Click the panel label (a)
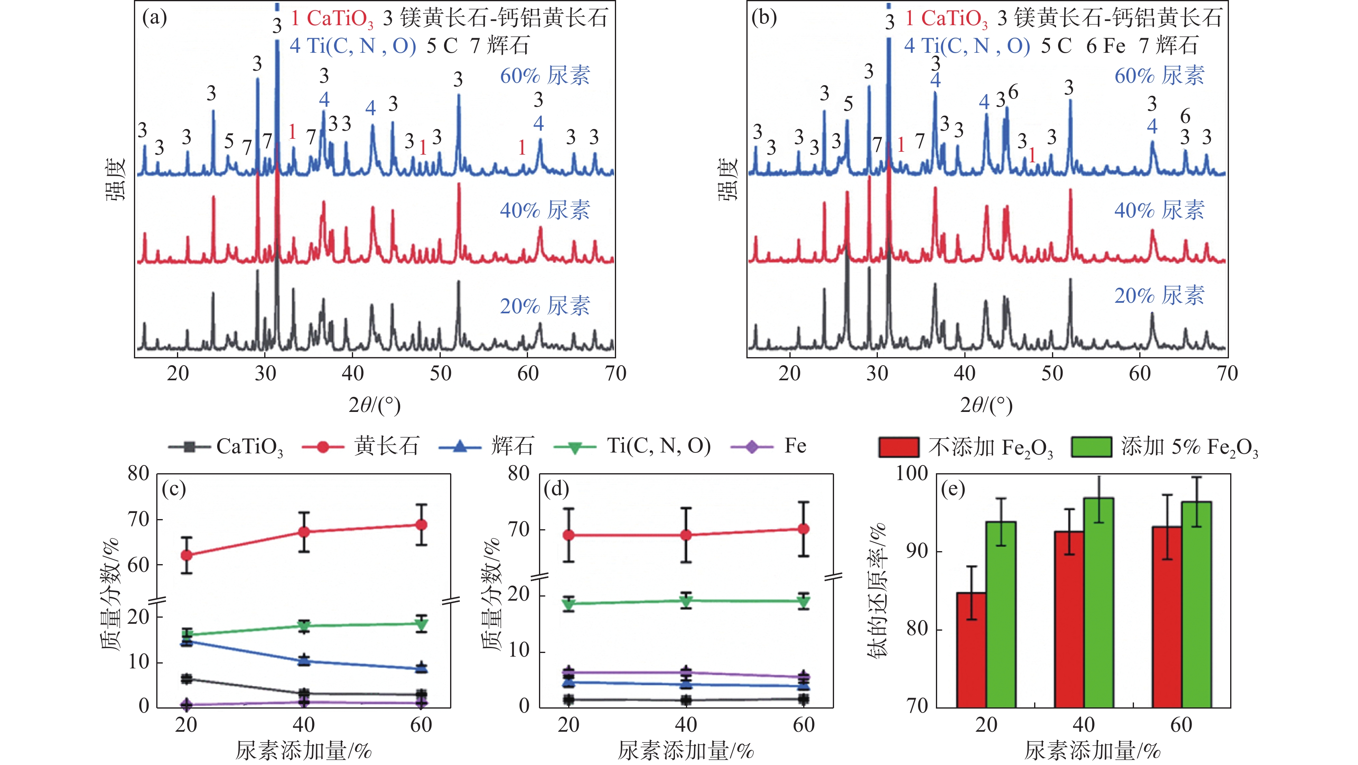155,18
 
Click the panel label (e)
953,489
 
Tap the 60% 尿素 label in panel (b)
1159,76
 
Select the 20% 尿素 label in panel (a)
545,306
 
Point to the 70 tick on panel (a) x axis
615,373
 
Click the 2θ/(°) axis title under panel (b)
986,405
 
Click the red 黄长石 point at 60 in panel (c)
421,525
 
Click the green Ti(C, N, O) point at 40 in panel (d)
686,601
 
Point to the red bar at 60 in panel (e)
1166,616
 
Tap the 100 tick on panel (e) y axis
912,474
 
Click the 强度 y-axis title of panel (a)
116,179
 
